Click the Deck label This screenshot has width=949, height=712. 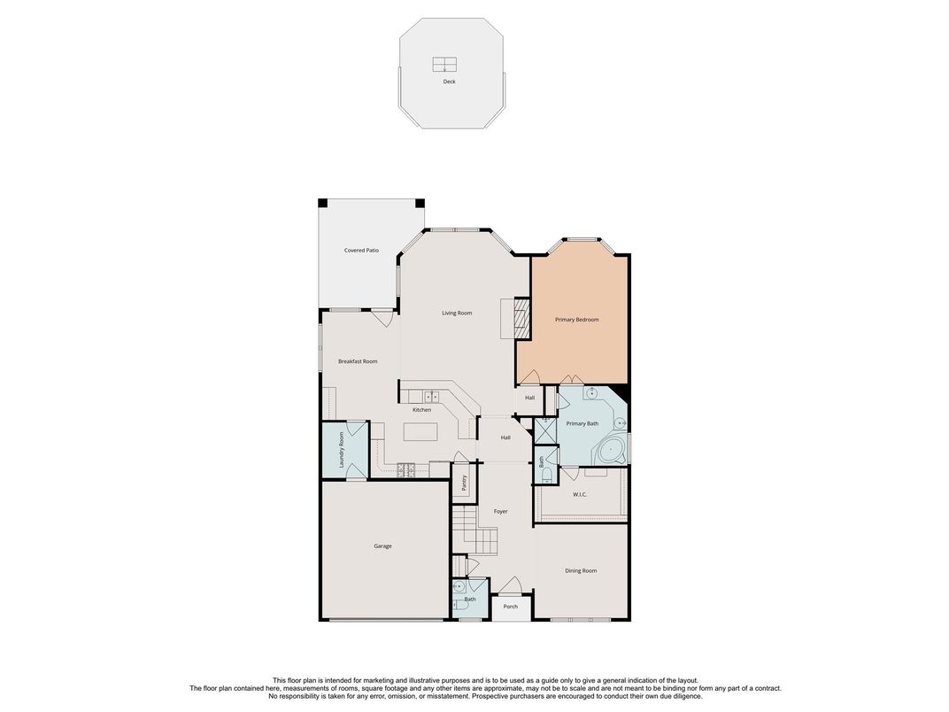tap(450, 81)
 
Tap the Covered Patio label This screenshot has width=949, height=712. tap(361, 251)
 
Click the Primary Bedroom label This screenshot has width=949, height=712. tap(577, 320)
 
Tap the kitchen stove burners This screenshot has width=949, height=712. tap(408, 470)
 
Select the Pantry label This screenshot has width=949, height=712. tap(464, 483)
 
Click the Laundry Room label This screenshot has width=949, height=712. tap(342, 450)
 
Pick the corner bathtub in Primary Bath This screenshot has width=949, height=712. tap(612, 452)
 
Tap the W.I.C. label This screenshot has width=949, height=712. tap(580, 494)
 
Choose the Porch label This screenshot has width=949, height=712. tap(511, 607)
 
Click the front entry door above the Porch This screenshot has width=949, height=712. tap(510, 586)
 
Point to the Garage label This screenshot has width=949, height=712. tap(382, 546)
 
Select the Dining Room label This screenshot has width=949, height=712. tap(581, 571)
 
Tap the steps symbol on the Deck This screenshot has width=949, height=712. tap(445, 65)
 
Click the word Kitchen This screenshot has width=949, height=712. tap(422, 410)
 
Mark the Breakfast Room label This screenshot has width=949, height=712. tap(358, 361)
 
